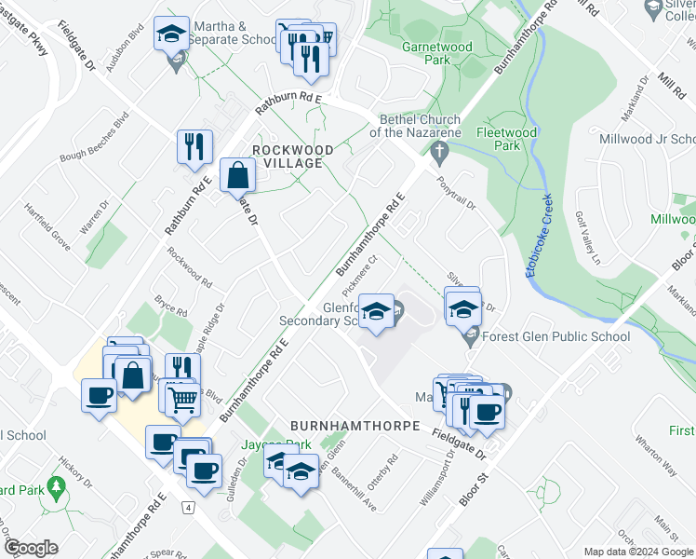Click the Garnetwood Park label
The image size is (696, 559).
(x=436, y=52)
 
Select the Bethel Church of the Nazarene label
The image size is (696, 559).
(x=420, y=126)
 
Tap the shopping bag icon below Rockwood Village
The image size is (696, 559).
(x=238, y=174)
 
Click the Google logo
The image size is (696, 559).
(x=30, y=548)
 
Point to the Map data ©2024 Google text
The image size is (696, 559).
(x=637, y=551)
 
